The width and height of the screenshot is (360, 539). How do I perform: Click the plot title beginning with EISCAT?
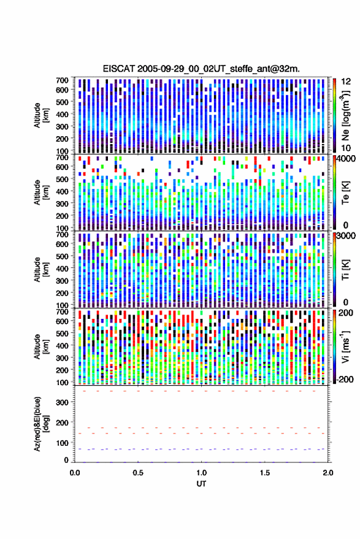point(201,69)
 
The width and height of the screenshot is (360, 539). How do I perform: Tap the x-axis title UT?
point(201,484)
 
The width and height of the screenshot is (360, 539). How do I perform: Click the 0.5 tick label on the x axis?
point(138,473)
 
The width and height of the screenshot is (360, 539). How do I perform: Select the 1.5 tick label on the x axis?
point(265,473)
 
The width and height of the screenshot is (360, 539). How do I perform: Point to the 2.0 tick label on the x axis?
point(328,473)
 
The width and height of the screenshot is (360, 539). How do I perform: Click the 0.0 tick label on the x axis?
point(75,473)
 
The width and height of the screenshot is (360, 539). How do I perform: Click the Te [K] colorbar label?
point(345,193)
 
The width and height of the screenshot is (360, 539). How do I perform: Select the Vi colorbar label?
point(345,346)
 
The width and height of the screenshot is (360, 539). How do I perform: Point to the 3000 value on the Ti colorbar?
point(345,236)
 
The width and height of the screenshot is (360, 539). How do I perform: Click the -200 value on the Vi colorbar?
point(344,380)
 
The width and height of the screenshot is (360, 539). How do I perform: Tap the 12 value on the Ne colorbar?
point(347,82)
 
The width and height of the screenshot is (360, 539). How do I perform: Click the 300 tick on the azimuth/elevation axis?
point(62,402)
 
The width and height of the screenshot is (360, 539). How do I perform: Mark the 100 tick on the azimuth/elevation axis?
point(62,443)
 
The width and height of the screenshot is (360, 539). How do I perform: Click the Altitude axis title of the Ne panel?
point(41,115)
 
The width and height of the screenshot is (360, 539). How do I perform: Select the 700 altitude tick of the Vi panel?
point(62,312)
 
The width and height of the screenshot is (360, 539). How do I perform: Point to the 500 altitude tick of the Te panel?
point(62,179)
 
